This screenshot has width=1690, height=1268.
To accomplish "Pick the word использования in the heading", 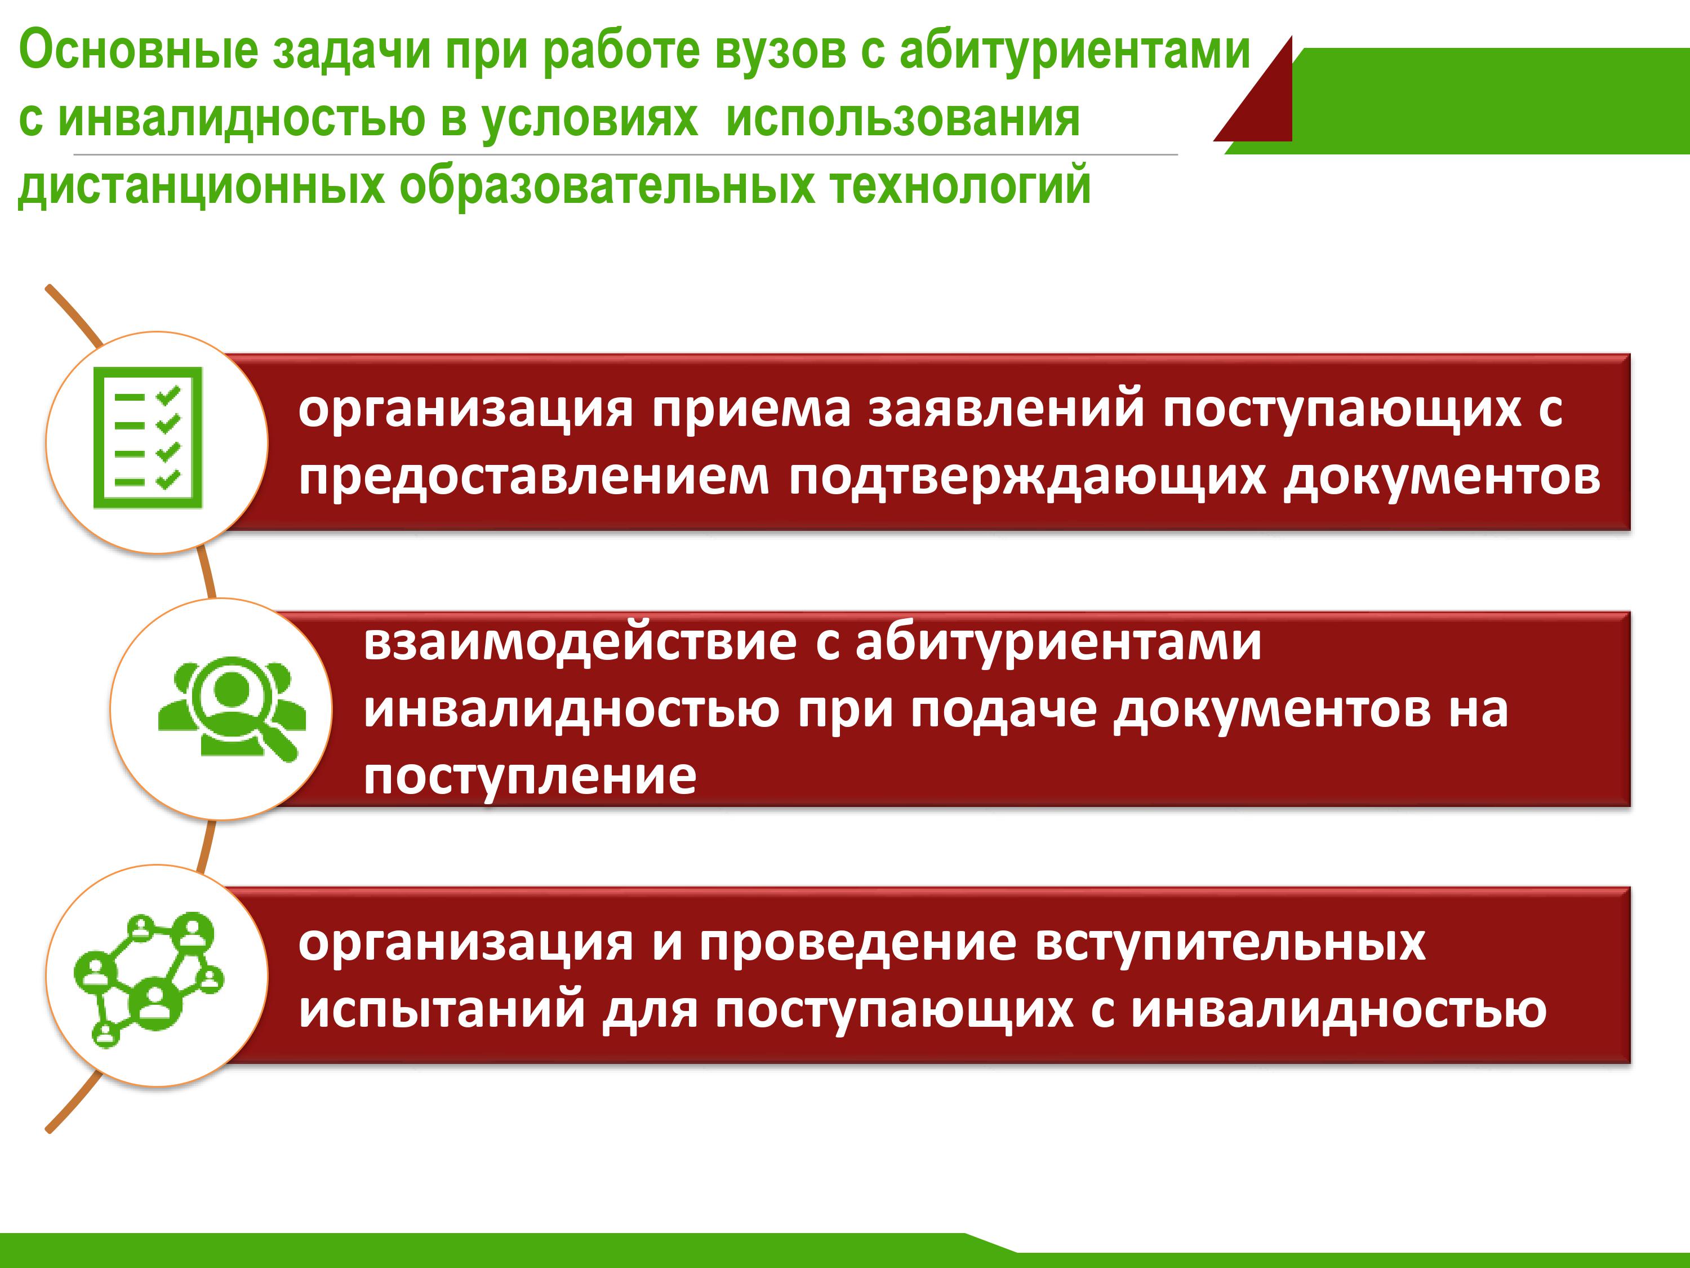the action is [x=903, y=119].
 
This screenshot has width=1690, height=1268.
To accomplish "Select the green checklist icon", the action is [x=148, y=437].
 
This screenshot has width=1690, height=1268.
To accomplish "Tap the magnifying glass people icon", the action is [x=232, y=708].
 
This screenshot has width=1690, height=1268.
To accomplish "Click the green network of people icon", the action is [x=149, y=979].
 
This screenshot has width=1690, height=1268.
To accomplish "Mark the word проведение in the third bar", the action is [x=858, y=943].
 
